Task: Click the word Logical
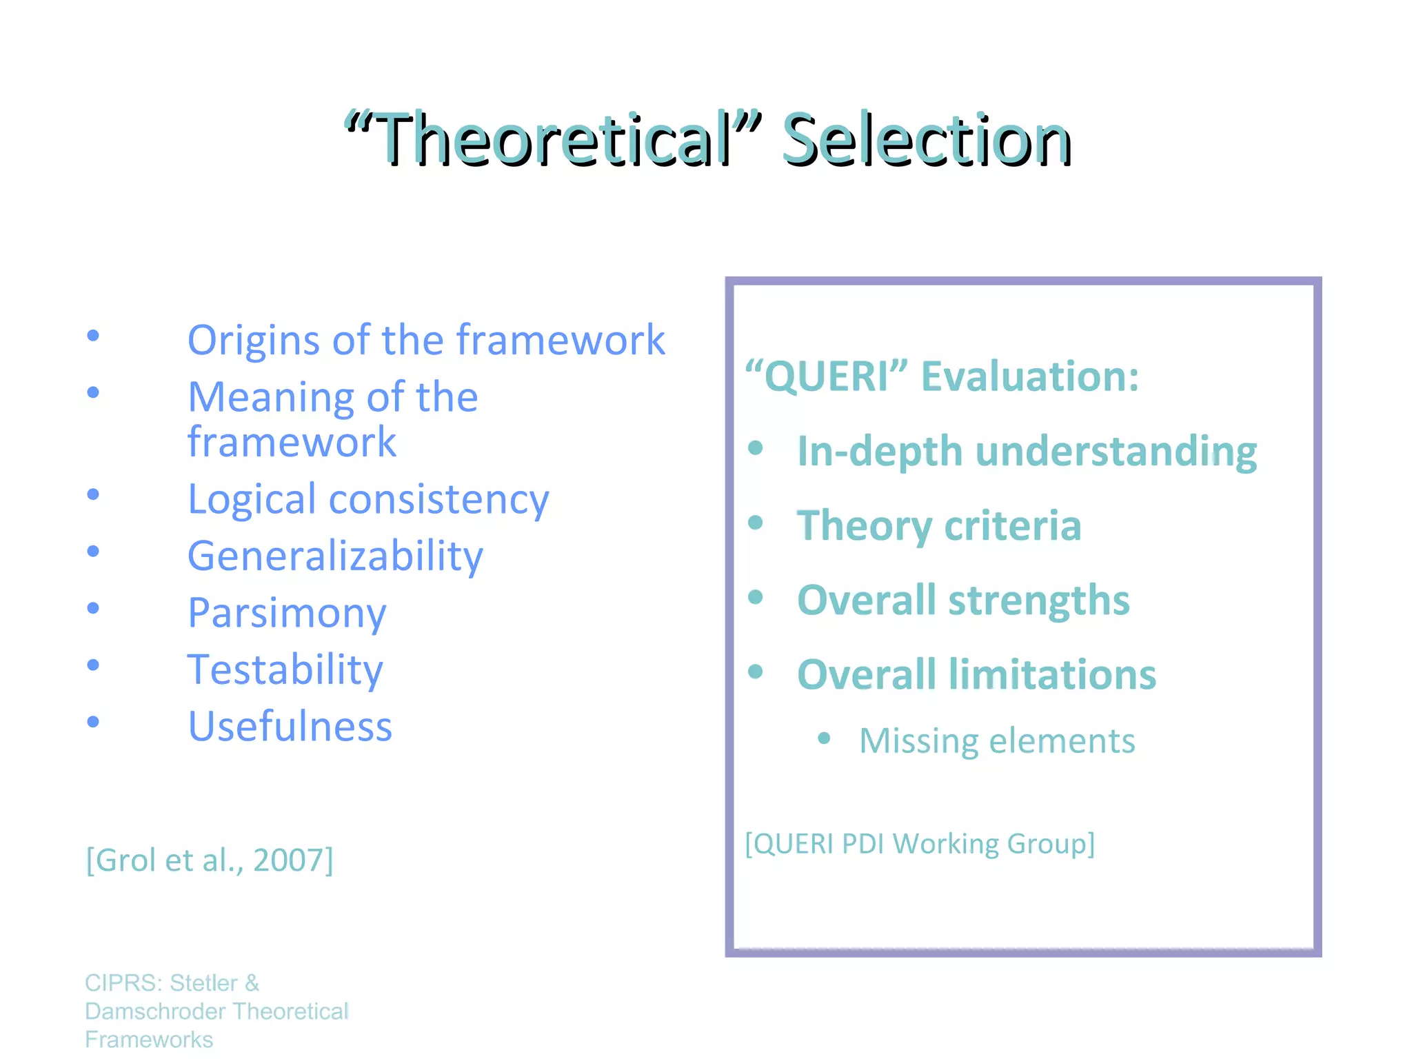pyautogui.click(x=252, y=500)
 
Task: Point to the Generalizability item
pyautogui.click(x=335, y=556)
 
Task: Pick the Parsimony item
pyautogui.click(x=287, y=613)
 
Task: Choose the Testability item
pyautogui.click(x=285, y=670)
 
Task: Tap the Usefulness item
pyautogui.click(x=290, y=727)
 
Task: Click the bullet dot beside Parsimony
pyautogui.click(x=93, y=608)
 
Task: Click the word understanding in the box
pyautogui.click(x=1117, y=452)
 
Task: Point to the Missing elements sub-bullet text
pyautogui.click(x=996, y=741)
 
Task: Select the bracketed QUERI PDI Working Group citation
pyautogui.click(x=920, y=844)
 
